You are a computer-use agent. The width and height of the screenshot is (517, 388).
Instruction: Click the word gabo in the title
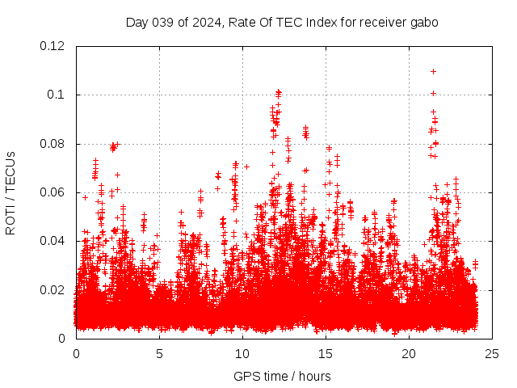pyautogui.click(x=424, y=23)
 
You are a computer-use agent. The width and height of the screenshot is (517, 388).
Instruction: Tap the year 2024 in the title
pyautogui.click(x=208, y=23)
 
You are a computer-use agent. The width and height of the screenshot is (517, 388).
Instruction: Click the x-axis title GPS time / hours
pyautogui.click(x=282, y=376)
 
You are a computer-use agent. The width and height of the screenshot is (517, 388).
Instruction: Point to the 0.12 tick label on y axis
pyautogui.click(x=53, y=46)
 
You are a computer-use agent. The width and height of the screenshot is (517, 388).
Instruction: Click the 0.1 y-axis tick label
pyautogui.click(x=56, y=95)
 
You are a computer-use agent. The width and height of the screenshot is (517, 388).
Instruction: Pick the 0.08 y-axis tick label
pyautogui.click(x=53, y=144)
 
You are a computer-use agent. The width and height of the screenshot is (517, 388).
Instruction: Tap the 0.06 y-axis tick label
pyautogui.click(x=53, y=192)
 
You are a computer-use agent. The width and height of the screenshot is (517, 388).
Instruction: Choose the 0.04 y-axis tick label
pyautogui.click(x=53, y=241)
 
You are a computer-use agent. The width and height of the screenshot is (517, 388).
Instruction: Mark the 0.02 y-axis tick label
pyautogui.click(x=53, y=290)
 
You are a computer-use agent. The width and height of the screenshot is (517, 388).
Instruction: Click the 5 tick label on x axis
pyautogui.click(x=159, y=353)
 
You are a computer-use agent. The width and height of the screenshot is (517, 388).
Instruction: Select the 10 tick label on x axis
pyautogui.click(x=242, y=353)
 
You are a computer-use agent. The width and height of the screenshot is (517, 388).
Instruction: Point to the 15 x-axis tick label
pyautogui.click(x=326, y=353)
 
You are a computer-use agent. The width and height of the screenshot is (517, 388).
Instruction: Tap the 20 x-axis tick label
pyautogui.click(x=409, y=353)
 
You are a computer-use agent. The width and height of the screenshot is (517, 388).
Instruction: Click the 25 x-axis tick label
pyautogui.click(x=492, y=353)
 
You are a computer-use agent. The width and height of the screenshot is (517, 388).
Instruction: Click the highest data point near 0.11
pyautogui.click(x=434, y=71)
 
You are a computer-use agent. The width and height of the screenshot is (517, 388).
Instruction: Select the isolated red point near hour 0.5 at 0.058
pyautogui.click(x=85, y=197)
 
